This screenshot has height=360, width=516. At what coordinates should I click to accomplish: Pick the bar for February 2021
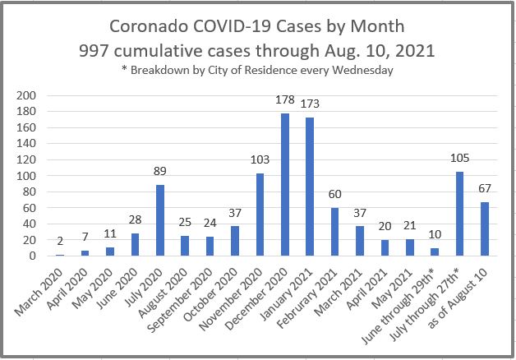click(335, 232)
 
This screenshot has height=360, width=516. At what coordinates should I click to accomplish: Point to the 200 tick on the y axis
click(28, 96)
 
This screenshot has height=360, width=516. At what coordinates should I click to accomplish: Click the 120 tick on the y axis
click(28, 160)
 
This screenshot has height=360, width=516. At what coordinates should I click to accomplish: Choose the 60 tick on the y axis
click(31, 208)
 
